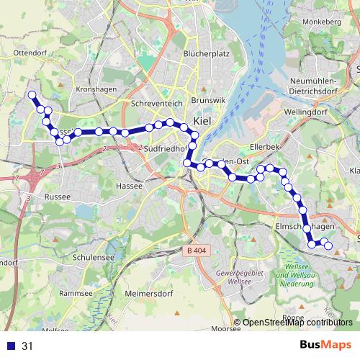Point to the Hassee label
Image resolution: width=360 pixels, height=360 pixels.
click(x=127, y=185)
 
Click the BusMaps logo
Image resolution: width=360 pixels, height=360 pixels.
click(x=325, y=346)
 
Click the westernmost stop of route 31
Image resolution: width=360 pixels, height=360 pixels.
click(x=32, y=95)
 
